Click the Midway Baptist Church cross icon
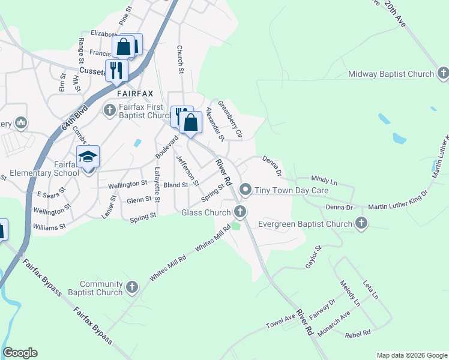coord(443,74)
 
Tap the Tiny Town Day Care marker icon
coord(245,190)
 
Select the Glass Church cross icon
coord(240,212)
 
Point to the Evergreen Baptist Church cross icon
coord(361,224)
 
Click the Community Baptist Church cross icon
coord(133,289)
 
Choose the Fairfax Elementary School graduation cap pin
coord(88,158)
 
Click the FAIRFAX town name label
coord(135,94)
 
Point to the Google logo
coord(20,353)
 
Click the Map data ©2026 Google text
coord(412,355)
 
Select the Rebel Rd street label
coord(358,332)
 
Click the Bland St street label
coord(176,185)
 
